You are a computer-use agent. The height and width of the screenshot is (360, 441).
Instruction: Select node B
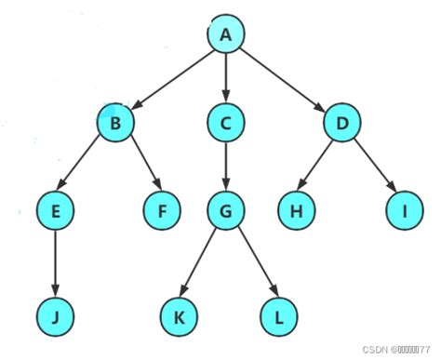click(116, 122)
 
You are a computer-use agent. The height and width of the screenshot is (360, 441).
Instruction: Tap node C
click(225, 122)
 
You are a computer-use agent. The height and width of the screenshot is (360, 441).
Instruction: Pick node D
click(342, 122)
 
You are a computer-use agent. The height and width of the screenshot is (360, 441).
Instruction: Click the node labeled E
click(56, 212)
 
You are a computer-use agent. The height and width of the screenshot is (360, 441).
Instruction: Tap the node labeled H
click(295, 212)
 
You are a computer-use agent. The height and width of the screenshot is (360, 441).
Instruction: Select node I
click(405, 212)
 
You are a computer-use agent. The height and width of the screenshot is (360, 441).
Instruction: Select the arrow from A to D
click(284, 78)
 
